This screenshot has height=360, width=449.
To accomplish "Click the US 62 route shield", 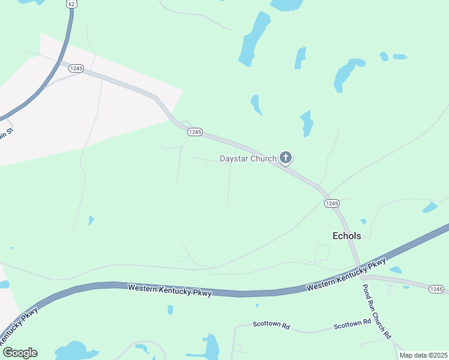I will coord(71,4).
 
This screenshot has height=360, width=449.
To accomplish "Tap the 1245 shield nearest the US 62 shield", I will coord(76,68).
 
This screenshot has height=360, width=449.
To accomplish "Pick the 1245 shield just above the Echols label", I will coord(332,203).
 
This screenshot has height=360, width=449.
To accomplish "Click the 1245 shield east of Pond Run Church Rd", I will coord(436,289).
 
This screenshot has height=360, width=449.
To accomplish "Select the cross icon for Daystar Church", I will coord(286,158).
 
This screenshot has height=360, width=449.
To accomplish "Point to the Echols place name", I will coord(347,236).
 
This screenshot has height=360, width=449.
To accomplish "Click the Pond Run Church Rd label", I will coord(377,310).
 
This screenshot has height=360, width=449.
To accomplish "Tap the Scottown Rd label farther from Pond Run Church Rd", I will coord(271,325).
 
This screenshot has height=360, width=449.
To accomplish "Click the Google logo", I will coord(20,353).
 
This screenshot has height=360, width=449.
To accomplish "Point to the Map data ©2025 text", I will coord(423,355).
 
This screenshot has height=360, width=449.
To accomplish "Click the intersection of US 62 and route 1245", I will coord(59,62).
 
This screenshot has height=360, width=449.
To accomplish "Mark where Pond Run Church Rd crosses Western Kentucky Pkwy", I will coord(358,269).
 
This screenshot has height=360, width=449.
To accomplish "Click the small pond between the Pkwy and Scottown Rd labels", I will coord(170,310).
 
